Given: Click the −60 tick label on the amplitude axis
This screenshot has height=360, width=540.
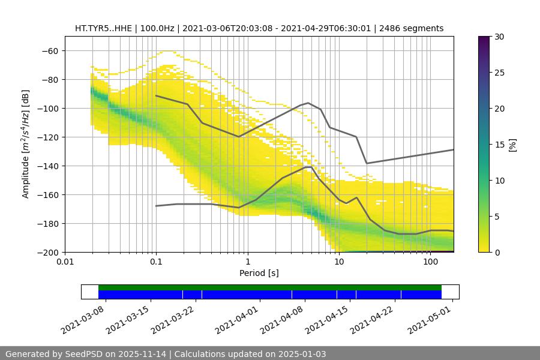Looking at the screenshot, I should tap(49, 50).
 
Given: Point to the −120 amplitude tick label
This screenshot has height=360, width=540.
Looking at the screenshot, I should tap(47, 137).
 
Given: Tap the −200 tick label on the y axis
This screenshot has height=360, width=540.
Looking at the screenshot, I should tap(47, 252).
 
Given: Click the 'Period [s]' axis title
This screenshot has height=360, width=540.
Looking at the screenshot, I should tap(259, 274).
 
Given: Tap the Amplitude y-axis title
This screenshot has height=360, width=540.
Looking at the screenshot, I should tap(26, 144).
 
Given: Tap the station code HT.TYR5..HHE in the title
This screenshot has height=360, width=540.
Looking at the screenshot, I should tap(103, 28).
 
